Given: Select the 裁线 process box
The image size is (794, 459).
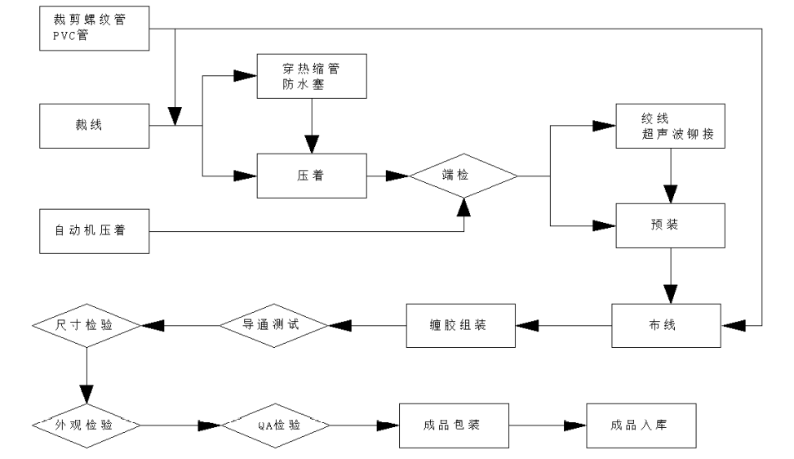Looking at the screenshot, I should click(95, 126).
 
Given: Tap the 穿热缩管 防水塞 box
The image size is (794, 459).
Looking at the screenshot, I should click(312, 78).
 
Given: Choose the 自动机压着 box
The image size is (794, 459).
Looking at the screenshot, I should click(95, 231).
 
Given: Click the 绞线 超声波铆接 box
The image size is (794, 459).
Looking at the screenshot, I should click(670, 127).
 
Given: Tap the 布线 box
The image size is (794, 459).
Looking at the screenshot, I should click(670, 325).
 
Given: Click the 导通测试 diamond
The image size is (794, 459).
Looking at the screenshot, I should click(273, 325).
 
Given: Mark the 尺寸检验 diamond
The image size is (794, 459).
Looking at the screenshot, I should click(86, 325).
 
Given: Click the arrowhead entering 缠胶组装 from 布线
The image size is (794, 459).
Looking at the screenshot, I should click(527, 325).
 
